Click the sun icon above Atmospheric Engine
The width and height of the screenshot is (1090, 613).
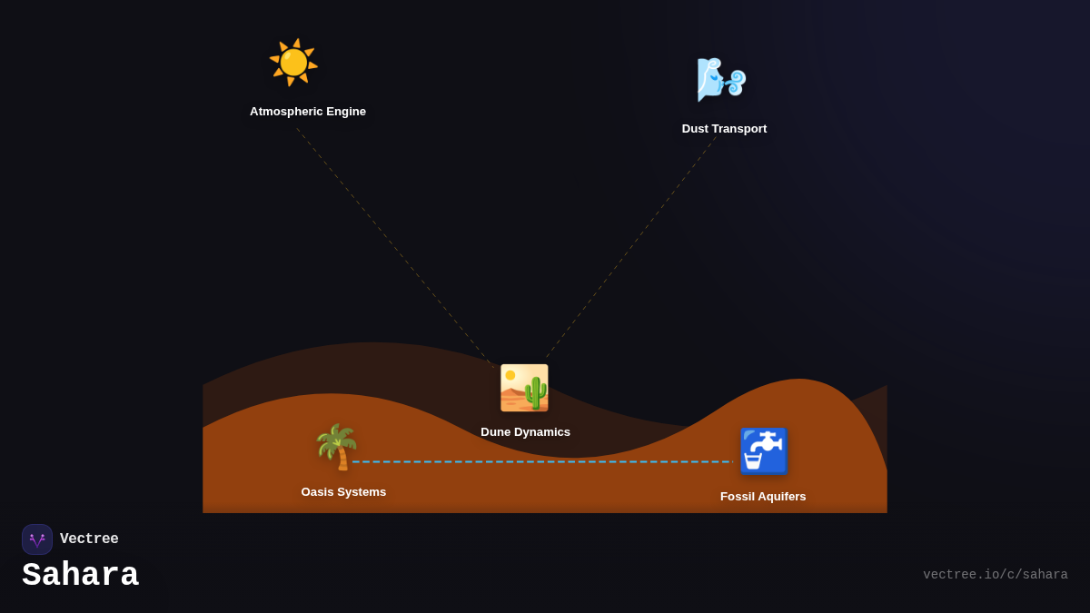[x=293, y=63]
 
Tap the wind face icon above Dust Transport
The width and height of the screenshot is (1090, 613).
[x=720, y=80]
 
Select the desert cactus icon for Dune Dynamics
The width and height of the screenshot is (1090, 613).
[x=524, y=388]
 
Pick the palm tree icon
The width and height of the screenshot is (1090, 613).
[x=337, y=447]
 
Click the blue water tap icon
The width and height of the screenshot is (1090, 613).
[x=763, y=451]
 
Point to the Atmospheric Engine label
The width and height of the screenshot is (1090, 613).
[x=308, y=112]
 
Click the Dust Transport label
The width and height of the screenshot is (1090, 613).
[x=724, y=129]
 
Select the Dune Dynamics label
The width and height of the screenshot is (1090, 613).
[x=525, y=432]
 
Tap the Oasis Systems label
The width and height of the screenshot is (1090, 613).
[x=343, y=492]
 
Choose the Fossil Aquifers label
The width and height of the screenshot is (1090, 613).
[x=763, y=497]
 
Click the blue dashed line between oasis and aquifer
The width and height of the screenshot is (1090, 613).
[x=545, y=461]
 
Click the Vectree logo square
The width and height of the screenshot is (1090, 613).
[x=37, y=539]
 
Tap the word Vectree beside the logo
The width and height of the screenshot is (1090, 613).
[x=89, y=539]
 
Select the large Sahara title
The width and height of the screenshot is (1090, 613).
[x=80, y=576]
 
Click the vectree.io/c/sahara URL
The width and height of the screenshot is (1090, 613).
[x=995, y=575]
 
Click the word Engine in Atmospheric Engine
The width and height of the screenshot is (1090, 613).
[x=345, y=112]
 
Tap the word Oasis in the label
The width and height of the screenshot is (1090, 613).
[x=318, y=492]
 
